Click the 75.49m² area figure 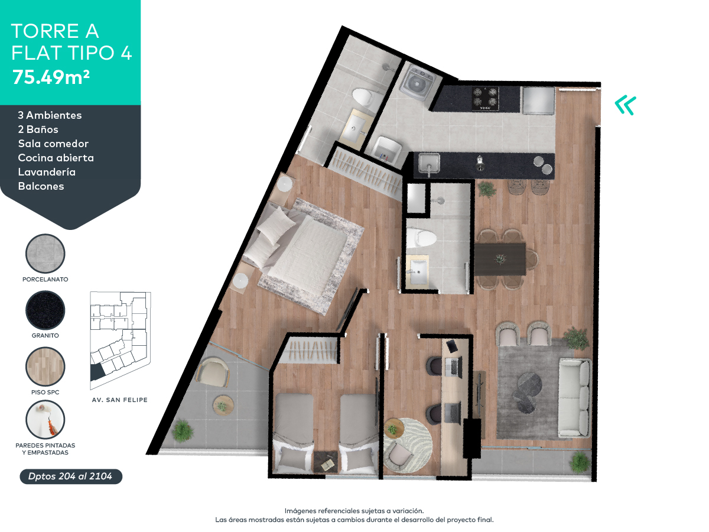point(50,77)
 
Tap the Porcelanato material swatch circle point(45,254)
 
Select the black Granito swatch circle point(45,310)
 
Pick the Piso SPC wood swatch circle point(45,367)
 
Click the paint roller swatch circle point(45,420)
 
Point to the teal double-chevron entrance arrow point(625,105)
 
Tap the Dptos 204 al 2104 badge point(71,476)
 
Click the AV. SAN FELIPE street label point(120,400)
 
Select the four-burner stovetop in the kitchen point(485,98)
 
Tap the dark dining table point(500,259)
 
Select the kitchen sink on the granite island point(430,163)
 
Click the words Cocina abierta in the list point(56,158)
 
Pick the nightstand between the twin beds point(324,460)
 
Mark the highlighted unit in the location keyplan point(96,372)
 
